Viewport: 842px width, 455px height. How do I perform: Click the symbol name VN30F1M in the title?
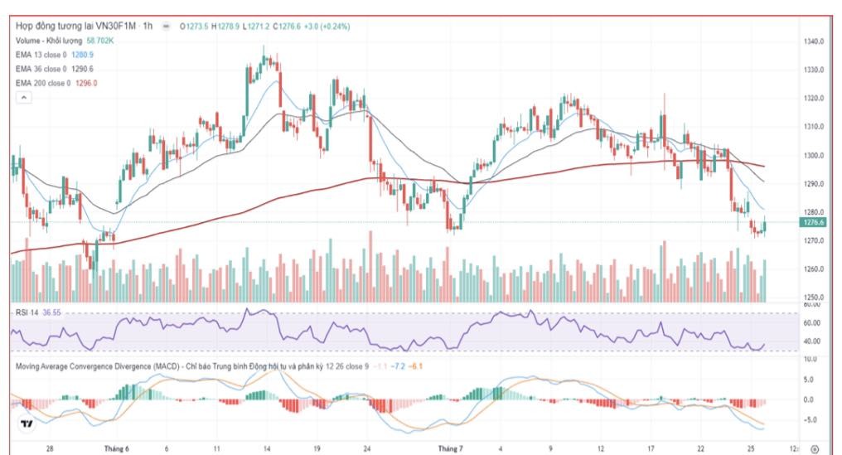[x=112, y=27]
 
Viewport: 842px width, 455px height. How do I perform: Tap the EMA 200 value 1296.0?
[x=87, y=83]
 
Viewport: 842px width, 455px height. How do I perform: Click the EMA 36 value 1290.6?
[x=84, y=69]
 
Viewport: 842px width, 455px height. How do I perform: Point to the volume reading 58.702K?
[x=100, y=41]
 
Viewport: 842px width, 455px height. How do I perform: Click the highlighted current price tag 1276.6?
[x=813, y=222]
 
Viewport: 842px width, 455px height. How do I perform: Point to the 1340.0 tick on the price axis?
[x=813, y=41]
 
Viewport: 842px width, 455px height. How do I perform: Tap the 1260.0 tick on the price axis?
[x=813, y=269]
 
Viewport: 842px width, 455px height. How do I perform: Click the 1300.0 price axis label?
[x=813, y=156]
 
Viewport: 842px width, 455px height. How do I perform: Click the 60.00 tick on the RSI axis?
[x=813, y=323]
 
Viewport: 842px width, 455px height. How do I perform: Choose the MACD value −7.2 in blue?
[x=400, y=365]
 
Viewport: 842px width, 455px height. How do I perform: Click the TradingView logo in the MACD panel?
[x=27, y=424]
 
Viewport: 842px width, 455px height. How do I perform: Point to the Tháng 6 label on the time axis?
[x=117, y=448]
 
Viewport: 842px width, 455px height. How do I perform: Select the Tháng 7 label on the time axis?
[x=450, y=448]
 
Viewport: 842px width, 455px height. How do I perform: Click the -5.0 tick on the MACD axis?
[x=813, y=419]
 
